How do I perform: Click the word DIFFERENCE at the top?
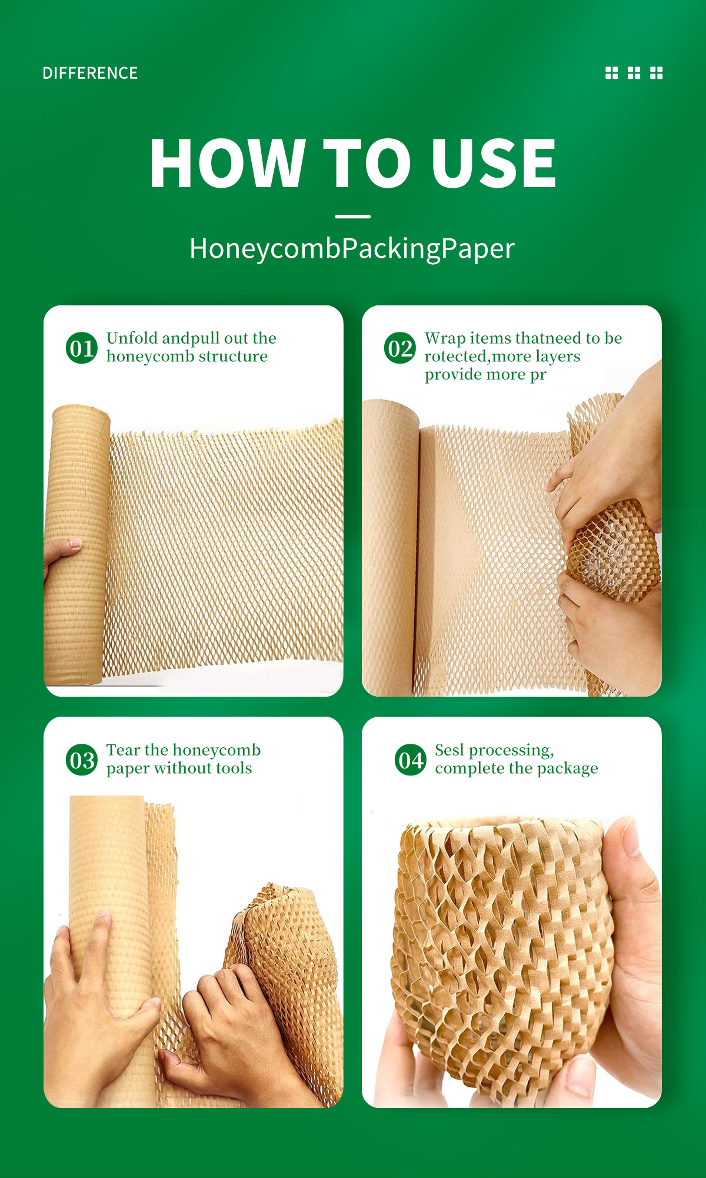click(90, 73)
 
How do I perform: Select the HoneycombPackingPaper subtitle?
click(352, 248)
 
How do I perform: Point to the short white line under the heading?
click(352, 217)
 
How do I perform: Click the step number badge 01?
click(81, 348)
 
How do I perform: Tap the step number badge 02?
click(400, 348)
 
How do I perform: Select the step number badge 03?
click(81, 760)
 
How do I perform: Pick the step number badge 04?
click(410, 760)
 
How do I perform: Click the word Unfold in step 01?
click(132, 338)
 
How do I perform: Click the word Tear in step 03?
click(123, 750)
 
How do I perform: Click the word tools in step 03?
click(234, 768)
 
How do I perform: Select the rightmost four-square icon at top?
click(656, 72)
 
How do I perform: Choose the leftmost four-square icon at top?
click(612, 72)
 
